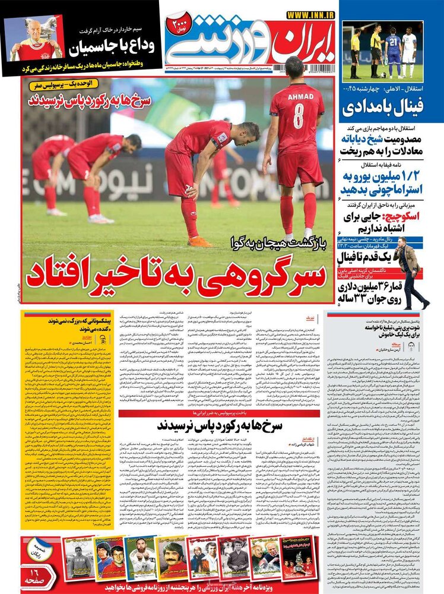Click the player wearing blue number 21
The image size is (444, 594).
pyautogui.click(x=391, y=50)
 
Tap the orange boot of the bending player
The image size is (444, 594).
pyautogui.click(x=199, y=241)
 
